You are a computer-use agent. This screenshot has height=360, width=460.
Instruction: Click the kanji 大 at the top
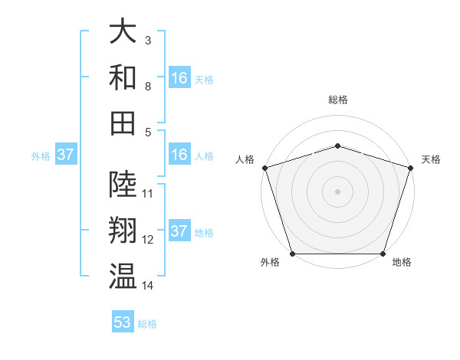point(123,32)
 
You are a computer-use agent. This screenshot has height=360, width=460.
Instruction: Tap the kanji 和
point(123,77)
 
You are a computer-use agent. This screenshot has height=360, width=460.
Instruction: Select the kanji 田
point(123,123)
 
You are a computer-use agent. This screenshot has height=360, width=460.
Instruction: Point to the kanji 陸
point(123,185)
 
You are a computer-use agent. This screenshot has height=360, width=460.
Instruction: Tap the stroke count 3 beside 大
point(147,39)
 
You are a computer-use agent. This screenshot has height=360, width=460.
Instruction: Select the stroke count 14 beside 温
point(148,285)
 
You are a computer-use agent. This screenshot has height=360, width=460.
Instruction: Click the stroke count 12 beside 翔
point(148,240)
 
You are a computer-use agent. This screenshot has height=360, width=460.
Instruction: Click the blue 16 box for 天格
point(179,78)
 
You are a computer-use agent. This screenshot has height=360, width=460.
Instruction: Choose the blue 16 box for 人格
point(179,155)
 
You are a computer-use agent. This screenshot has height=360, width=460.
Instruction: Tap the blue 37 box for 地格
point(179,231)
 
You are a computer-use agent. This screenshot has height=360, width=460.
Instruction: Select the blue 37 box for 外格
point(66,155)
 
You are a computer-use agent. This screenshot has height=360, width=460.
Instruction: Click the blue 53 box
point(123,322)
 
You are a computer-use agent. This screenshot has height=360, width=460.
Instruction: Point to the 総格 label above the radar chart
point(337,100)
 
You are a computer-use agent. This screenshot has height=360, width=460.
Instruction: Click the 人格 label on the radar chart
point(245,159)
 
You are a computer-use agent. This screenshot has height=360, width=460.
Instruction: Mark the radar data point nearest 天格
point(410,168)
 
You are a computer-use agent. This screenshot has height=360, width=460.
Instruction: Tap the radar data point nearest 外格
point(292,254)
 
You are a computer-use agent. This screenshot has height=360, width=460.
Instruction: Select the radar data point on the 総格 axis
point(337,146)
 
